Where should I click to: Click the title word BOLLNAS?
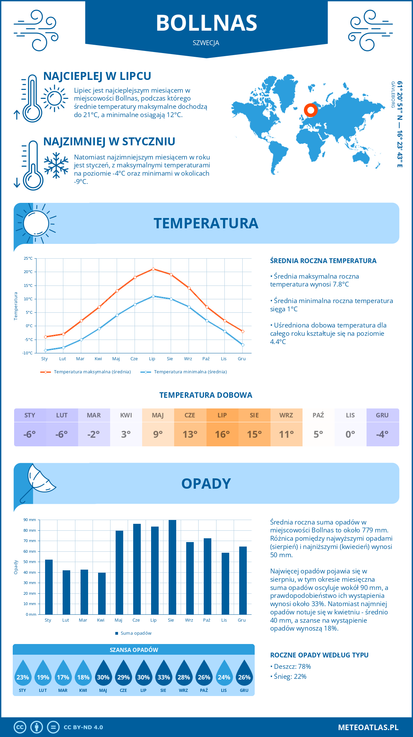point(206,23)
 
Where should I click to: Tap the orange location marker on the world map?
point(310,110)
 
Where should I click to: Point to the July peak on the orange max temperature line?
point(153,269)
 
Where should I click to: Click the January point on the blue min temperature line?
point(45,350)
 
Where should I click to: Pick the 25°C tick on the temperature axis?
point(28,258)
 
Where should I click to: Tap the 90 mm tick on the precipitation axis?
point(30,520)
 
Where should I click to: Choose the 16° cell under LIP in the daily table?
point(222,434)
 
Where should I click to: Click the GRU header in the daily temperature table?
point(382,415)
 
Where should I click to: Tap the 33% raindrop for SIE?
point(164,675)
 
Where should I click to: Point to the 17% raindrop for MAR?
point(63,675)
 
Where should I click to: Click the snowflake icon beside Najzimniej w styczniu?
point(56,165)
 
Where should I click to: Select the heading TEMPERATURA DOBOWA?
point(206,395)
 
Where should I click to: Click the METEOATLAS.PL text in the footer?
point(368,727)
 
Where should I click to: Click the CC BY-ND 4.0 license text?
point(83,727)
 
